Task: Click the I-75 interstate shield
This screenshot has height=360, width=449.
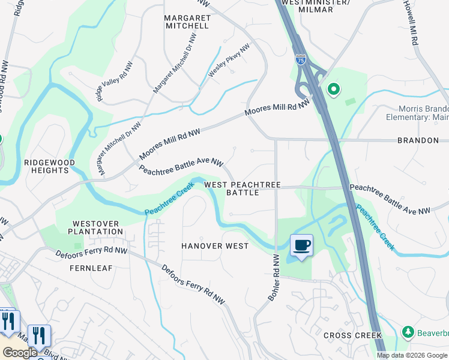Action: [x=301, y=59]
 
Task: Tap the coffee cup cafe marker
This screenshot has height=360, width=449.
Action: [x=302, y=245]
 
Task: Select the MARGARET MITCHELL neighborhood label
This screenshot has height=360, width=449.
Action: [x=187, y=22]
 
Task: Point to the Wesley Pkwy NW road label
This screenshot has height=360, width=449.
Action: [x=229, y=61]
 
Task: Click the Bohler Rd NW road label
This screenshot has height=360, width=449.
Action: [x=271, y=278]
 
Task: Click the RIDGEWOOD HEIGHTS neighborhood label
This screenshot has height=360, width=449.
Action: [x=50, y=166]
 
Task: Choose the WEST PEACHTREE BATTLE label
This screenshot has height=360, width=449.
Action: [x=243, y=188]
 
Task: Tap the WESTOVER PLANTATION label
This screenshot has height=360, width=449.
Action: [x=95, y=227]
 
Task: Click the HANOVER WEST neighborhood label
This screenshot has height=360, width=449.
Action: [x=215, y=246]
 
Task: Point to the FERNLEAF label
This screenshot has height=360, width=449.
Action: [x=91, y=268]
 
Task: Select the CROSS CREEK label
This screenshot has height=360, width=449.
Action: [x=352, y=335]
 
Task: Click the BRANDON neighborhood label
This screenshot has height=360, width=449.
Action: [x=418, y=140]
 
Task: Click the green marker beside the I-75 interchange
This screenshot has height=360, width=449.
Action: [x=333, y=90]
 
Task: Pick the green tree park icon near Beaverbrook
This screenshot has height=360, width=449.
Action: [x=408, y=332]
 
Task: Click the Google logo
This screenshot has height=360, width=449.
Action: [x=20, y=353]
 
